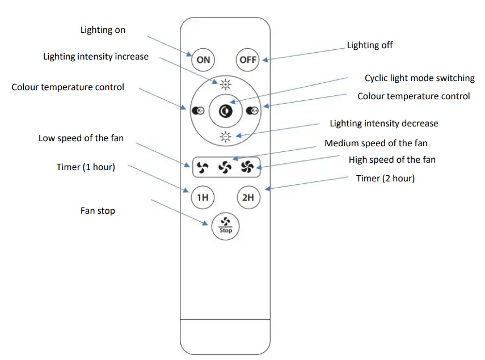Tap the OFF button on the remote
(248, 60)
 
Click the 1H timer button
(203, 198)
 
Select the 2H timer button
(248, 198)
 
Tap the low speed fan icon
(203, 167)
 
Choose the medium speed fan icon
(225, 167)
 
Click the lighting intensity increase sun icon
(226, 85)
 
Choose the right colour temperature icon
(253, 111)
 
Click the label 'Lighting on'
(103, 30)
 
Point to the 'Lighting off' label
(370, 45)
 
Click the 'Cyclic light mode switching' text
(419, 78)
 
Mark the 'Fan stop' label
(98, 211)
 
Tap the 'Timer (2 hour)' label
(385, 179)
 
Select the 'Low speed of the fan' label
(81, 138)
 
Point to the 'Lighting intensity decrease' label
(384, 124)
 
